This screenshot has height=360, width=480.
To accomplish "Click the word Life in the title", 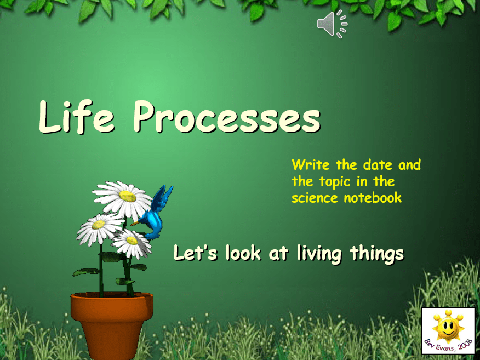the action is pos(77,117).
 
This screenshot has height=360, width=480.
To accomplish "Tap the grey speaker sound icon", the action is pos(333,24).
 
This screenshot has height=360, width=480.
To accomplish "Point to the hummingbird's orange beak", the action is pos(135,223).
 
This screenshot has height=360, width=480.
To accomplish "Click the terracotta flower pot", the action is pos(112,325).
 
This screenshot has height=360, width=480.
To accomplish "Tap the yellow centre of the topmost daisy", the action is pos(127,196).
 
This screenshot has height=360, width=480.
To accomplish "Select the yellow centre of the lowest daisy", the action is pos(132,241).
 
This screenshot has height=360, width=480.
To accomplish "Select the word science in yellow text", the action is pos(315,198).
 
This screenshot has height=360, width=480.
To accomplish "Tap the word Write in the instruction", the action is pos(311,165).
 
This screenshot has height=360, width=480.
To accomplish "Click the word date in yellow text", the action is pos(378,165).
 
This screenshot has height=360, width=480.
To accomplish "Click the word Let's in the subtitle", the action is pos(195,253).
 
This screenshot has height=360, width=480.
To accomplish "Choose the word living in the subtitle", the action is pos(319,254).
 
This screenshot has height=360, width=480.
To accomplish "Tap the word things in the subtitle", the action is pos(377,254).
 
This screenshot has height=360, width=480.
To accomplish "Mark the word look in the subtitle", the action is pos(243,253).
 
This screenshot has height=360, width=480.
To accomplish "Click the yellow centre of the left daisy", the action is pos(99,225).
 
